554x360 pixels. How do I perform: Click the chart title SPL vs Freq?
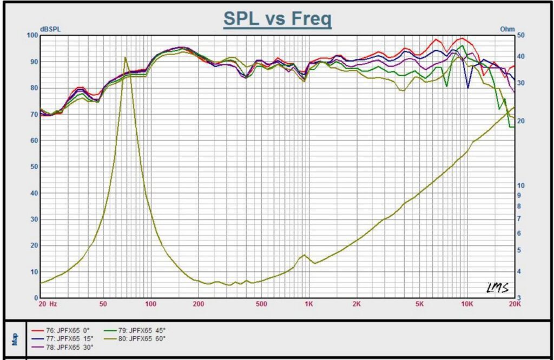click(278, 18)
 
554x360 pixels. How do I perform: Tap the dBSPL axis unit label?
click(50, 29)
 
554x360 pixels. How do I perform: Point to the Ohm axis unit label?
click(507, 29)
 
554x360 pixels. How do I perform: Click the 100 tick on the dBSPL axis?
click(32, 35)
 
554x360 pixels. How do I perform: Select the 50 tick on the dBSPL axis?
click(34, 166)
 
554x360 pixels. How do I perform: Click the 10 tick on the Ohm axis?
click(521, 185)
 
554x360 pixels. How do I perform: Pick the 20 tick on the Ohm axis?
click(521, 121)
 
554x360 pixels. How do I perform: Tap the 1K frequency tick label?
click(309, 304)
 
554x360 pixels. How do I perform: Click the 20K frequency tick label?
click(515, 304)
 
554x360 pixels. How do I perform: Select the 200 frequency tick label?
click(198, 304)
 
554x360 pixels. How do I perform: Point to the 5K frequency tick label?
click(419, 304)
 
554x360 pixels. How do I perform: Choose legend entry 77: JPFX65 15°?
click(62, 339)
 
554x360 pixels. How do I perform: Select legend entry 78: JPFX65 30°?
click(62, 347)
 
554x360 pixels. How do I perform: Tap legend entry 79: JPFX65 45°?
click(135, 331)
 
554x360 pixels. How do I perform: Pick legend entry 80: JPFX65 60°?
click(135, 339)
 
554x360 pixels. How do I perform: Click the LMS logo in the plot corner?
click(498, 288)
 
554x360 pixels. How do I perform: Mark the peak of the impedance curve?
click(125, 57)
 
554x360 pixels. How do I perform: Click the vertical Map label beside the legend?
click(15, 339)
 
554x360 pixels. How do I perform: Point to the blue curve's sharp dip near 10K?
click(468, 88)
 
